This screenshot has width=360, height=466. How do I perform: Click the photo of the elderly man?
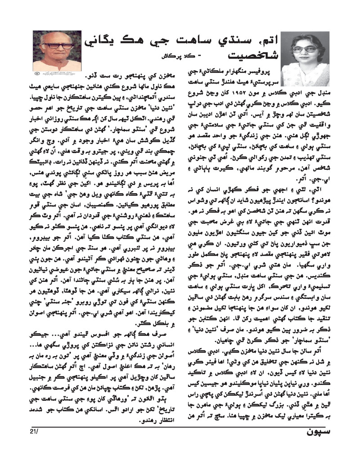[x=57, y=50]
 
